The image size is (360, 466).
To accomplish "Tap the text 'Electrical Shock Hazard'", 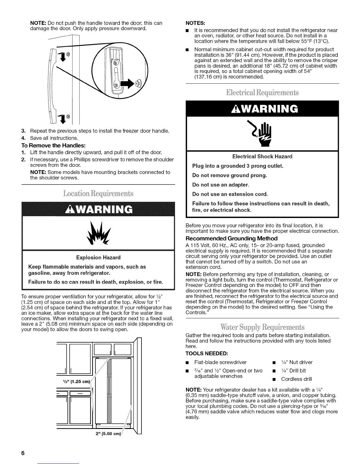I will pyautogui.click(x=262, y=156).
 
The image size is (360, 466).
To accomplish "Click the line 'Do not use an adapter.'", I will pyautogui.click(x=221, y=185).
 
